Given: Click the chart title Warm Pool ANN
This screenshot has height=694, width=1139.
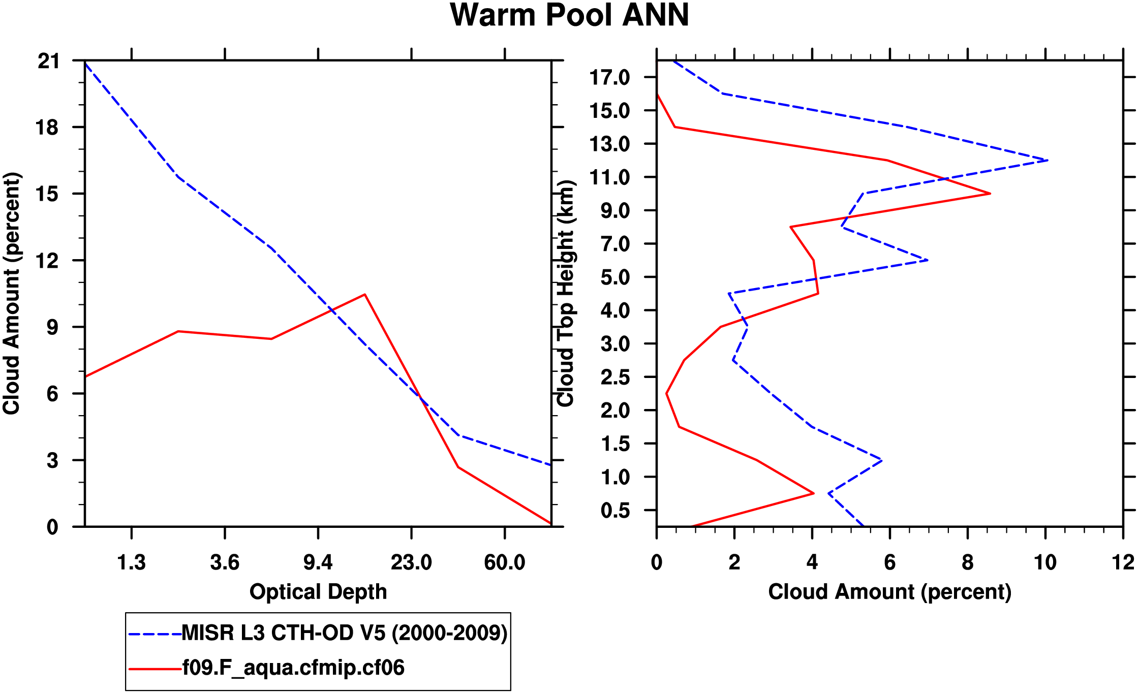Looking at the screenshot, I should point(569,15).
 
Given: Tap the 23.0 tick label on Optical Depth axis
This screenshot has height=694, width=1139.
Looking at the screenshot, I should point(411,562).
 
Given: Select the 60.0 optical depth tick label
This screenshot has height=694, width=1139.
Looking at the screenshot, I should point(504,562).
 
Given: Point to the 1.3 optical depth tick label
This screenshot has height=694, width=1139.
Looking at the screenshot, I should point(131,562).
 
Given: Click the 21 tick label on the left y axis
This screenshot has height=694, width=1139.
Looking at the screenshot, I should point(49,61).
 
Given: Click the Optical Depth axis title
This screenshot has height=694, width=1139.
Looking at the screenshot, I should point(318,592).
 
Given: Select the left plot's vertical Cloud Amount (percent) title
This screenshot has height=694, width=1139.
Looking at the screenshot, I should point(11,294).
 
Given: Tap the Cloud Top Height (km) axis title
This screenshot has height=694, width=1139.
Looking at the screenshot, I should point(566,294).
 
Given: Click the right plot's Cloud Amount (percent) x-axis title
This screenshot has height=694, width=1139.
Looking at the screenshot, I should point(889,592).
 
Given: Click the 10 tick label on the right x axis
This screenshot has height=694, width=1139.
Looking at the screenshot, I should point(1045,562).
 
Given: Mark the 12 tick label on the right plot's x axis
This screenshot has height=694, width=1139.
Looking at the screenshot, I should point(1123,562).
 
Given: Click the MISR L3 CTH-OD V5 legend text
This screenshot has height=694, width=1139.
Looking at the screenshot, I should point(345,633).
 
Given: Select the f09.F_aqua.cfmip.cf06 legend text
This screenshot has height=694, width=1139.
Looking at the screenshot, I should point(293,668).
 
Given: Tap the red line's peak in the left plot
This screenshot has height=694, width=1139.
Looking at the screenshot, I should point(364,295).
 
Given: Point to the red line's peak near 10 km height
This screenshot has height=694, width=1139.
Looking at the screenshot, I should point(990,194).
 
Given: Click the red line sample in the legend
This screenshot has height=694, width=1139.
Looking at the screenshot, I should point(155,669).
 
